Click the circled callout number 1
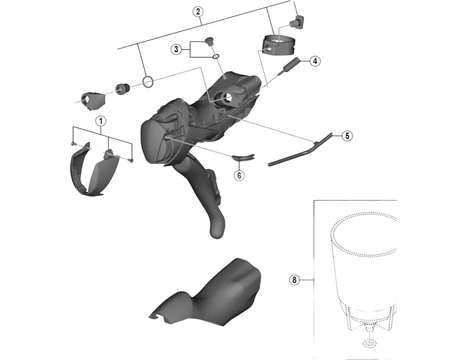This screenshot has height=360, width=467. tap(100, 121)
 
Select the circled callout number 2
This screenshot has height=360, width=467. tap(198, 12)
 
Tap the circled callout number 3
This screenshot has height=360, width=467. tap(176, 49)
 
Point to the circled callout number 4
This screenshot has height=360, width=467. tap(315, 61)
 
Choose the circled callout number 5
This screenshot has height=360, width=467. tap(347, 136)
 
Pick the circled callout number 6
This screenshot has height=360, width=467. tap(239, 176)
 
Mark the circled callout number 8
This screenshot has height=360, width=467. tap(294, 280)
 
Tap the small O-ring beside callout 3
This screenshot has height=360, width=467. tap(216, 56)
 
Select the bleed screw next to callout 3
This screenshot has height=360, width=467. tap(210, 41)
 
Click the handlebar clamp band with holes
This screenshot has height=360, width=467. tap(278, 46)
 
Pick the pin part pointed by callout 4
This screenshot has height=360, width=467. tap(288, 64)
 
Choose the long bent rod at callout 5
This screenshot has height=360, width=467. tap(299, 149)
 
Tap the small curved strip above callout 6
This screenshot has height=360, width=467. tap(243, 157)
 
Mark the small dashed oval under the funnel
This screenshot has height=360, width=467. tap(370, 344)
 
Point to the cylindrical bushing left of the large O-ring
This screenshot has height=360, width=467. tap(122, 89)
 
